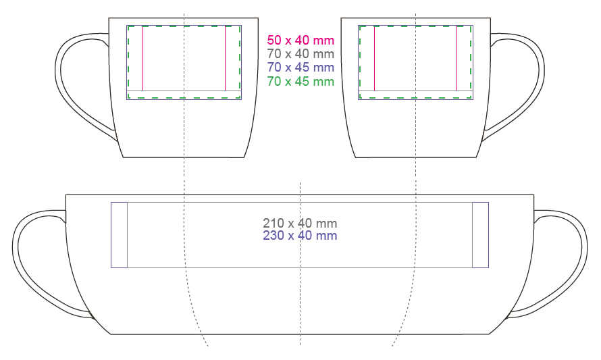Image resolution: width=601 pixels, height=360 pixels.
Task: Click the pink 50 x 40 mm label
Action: pyautogui.click(x=300, y=41)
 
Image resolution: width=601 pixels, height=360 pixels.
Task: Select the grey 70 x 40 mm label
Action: pyautogui.click(x=300, y=53)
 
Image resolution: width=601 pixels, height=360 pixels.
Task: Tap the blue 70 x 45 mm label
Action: pyautogui.click(x=300, y=67)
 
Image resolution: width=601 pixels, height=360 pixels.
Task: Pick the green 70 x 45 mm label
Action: pyautogui.click(x=300, y=81)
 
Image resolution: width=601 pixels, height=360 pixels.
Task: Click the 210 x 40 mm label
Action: pyautogui.click(x=300, y=223)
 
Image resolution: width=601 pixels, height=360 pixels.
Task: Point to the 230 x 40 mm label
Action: pyautogui.click(x=300, y=235)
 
